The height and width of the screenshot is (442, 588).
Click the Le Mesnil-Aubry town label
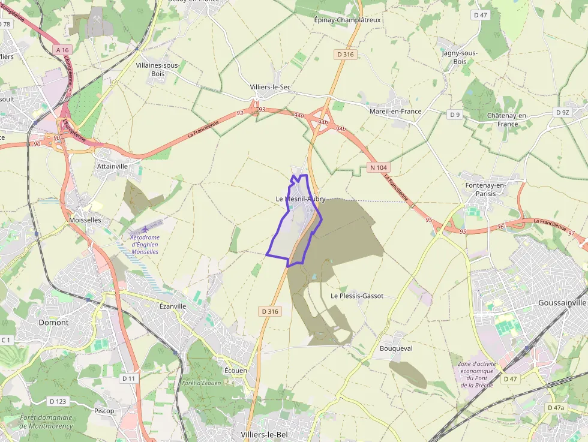[301, 199]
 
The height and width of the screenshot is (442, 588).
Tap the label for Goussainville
[561, 303]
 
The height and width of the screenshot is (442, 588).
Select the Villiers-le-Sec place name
[270, 87]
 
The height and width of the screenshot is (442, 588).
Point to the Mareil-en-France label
[395, 111]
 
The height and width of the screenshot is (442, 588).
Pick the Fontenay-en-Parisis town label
[485, 189]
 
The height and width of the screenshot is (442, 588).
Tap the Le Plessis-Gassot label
[356, 296]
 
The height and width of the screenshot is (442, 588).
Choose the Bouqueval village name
[396, 348]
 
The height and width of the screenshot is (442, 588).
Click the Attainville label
[112, 166]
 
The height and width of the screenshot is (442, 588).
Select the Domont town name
[53, 322]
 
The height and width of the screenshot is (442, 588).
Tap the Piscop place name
[104, 411]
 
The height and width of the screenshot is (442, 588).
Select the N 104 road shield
[378, 167]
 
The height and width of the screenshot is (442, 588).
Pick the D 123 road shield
[58, 401]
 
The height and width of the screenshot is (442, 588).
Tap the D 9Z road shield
[562, 112]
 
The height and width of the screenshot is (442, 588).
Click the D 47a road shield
[556, 408]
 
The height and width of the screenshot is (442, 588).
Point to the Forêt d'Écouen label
[201, 383]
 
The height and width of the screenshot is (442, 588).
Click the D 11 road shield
[129, 378]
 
